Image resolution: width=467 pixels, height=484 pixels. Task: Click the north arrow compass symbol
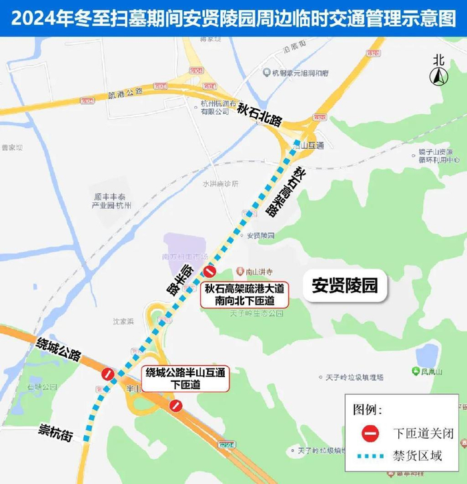[438, 72]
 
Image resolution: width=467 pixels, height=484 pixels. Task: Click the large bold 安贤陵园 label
[345, 286]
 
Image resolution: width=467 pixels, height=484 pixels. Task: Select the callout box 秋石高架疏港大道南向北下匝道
[245, 294]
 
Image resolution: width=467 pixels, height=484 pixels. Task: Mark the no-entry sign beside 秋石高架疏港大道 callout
[210, 272]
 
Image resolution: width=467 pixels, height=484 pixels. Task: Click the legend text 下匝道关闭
[423, 433]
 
